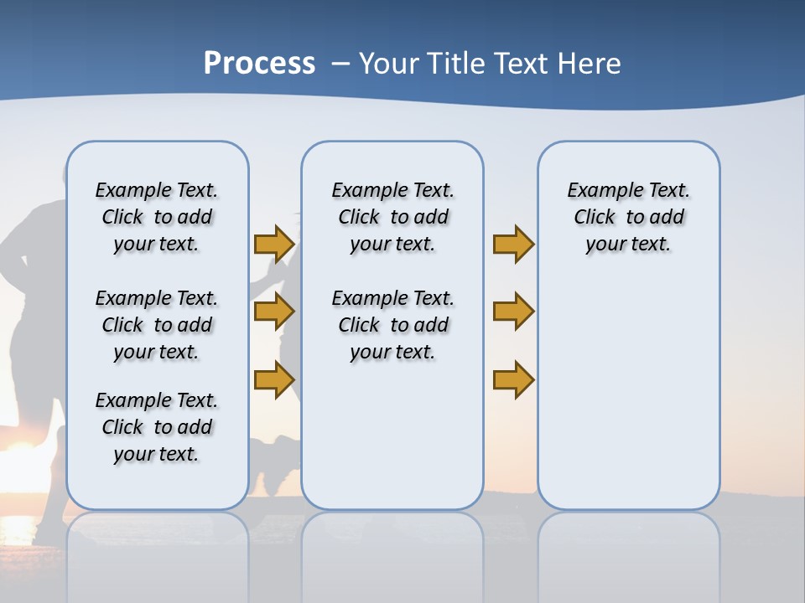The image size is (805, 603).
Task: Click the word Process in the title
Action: coord(259,64)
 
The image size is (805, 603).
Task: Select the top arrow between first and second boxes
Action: coord(273,244)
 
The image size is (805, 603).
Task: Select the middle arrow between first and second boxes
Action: coord(273,312)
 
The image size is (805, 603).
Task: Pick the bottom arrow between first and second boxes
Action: coord(273,379)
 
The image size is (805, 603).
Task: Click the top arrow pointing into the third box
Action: coord(513,244)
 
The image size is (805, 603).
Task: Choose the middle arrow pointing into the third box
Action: coord(513,312)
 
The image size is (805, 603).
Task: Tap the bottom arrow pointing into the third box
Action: coord(513,379)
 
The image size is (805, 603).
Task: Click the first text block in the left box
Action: coord(157,217)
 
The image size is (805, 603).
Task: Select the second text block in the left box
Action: coord(157,325)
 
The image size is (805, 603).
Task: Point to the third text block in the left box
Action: coord(157,427)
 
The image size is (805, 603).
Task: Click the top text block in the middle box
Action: coord(392,217)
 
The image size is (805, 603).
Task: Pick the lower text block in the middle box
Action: coord(392,325)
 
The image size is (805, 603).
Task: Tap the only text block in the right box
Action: coord(628,217)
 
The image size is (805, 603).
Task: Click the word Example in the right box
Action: coord(599,191)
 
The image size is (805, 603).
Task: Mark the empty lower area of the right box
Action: coord(628,385)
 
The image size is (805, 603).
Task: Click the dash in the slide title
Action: coord(340,64)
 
